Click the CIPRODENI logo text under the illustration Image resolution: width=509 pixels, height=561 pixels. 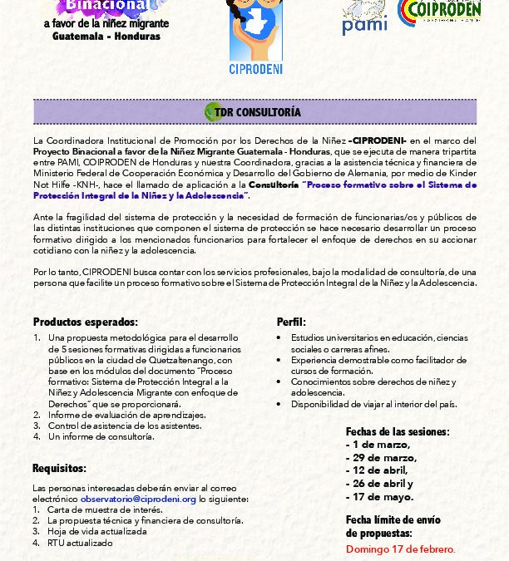point(254,69)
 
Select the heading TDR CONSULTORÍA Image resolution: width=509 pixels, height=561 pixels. point(263,111)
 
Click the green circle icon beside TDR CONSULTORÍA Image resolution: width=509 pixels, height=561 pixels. point(212,111)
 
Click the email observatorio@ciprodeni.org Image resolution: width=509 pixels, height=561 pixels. point(138,499)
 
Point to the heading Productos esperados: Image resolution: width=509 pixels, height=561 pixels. point(85,322)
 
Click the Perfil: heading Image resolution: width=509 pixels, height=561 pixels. point(291,322)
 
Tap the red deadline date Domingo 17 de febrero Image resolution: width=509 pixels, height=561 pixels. point(400,549)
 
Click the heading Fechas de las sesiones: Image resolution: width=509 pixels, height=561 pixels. point(398,431)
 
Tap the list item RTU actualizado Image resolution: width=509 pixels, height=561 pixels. point(80,542)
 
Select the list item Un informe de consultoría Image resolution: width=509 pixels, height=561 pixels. point(101,436)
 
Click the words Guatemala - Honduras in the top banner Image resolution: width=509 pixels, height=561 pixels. point(106,37)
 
